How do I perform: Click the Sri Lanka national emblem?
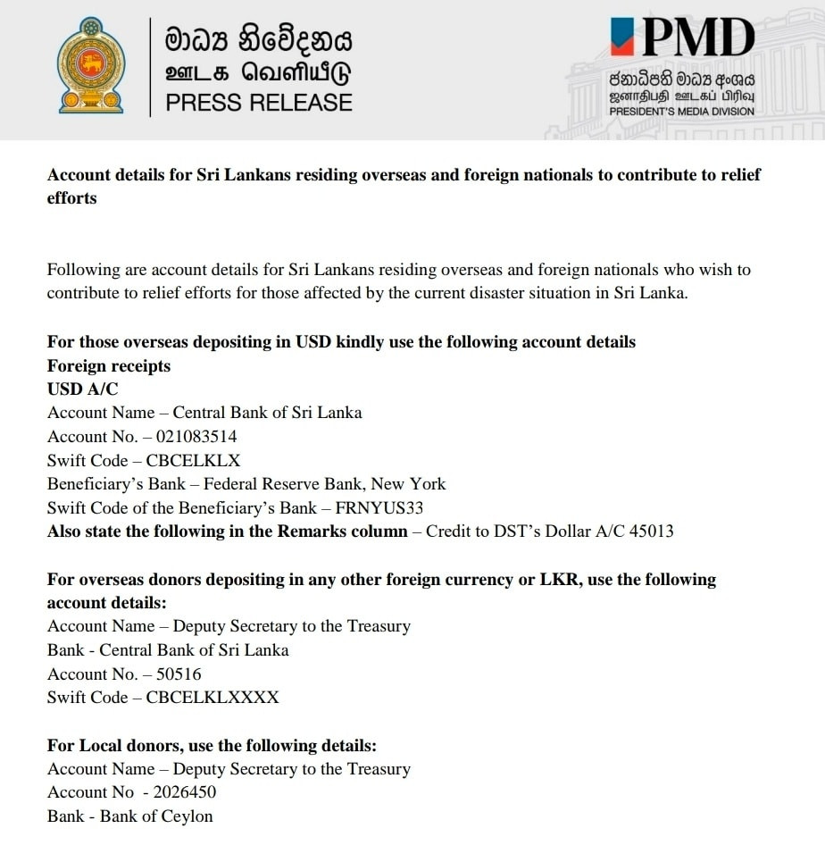pos(91,65)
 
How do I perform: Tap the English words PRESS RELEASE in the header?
pos(259,103)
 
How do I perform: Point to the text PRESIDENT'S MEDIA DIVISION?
pos(681,112)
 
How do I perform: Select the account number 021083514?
pos(196,437)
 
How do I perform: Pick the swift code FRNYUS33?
pos(379,508)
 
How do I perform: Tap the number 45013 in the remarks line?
pos(652,531)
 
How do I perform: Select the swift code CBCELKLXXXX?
pos(212,698)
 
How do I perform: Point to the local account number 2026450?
pos(185,792)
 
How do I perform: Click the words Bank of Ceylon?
pos(156,816)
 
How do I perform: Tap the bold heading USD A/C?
pos(82,389)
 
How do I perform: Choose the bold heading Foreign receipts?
pos(108,366)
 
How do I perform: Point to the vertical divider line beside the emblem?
pos(150,67)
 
